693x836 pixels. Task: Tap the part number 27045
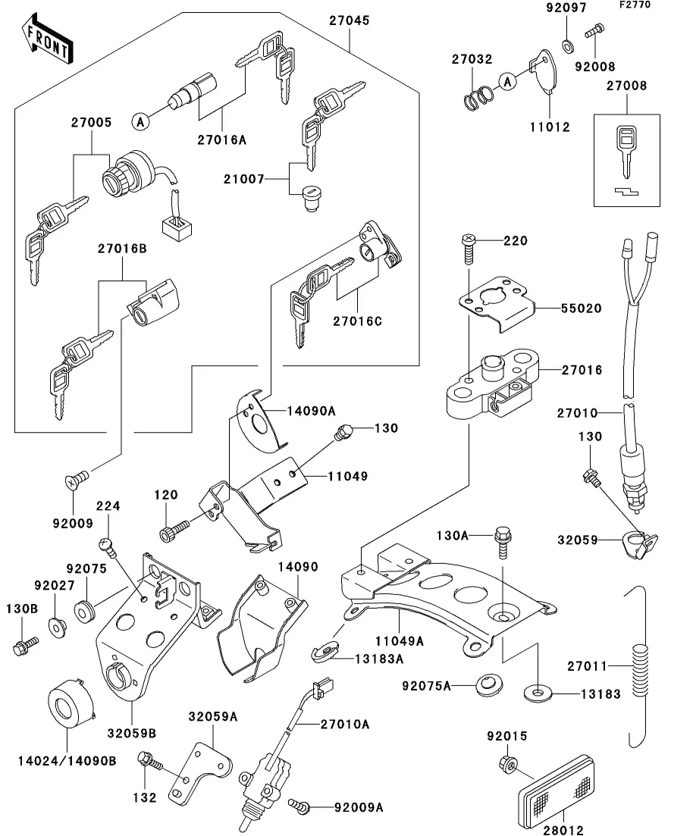pos(350,21)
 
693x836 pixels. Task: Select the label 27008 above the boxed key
pos(626,86)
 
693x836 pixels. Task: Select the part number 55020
pos(581,308)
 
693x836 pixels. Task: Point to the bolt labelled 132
pos(149,760)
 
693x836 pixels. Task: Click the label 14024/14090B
pos(67,761)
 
